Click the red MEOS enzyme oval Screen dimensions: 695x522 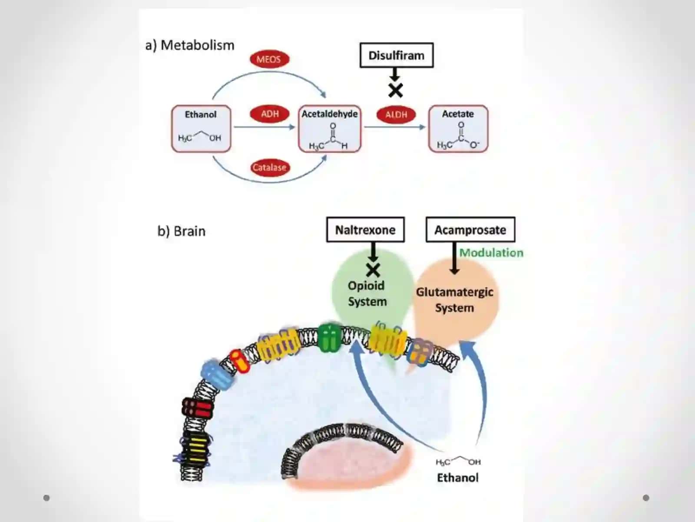[x=269, y=59]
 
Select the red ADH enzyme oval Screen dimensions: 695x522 [x=269, y=114]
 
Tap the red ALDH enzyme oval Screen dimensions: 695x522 [x=396, y=114]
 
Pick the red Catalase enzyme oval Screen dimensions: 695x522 [x=270, y=167]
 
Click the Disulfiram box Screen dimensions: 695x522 [x=397, y=55]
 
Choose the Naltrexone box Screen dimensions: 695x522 [x=365, y=230]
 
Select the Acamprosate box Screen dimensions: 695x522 [x=470, y=230]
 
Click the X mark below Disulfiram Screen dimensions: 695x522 [x=395, y=91]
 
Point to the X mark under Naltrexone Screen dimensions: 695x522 [x=373, y=270]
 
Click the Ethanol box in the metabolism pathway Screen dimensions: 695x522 [x=201, y=129]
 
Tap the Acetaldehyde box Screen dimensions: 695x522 [x=330, y=129]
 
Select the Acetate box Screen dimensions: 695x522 [x=458, y=129]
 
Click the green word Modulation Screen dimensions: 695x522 [x=491, y=253]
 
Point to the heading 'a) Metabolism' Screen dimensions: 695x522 [x=190, y=45]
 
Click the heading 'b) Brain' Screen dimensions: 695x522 [x=182, y=231]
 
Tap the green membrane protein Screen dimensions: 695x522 [x=330, y=338]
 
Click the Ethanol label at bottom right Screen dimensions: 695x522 [x=457, y=478]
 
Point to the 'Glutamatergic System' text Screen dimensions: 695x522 [x=454, y=300]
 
